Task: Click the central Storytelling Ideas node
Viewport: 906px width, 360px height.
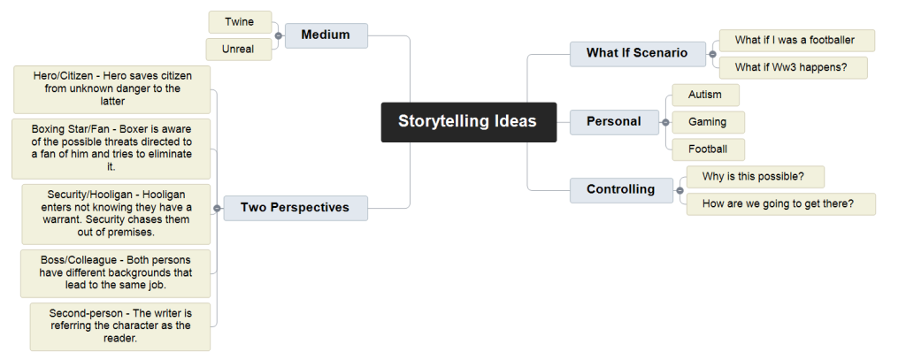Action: (x=469, y=122)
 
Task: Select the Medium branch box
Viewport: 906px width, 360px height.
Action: (x=326, y=35)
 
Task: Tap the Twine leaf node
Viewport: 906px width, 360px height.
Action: (x=240, y=22)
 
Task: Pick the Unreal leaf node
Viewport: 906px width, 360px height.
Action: (x=239, y=50)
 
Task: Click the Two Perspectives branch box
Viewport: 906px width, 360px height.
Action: (x=296, y=208)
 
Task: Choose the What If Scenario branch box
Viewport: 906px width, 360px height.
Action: (x=637, y=54)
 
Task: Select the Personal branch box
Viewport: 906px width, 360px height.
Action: (x=614, y=122)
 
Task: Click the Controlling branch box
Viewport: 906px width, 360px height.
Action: (x=621, y=190)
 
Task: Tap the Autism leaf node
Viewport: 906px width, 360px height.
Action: (x=705, y=95)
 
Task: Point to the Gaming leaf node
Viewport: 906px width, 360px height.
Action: (x=709, y=122)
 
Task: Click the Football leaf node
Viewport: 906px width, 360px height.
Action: (x=709, y=149)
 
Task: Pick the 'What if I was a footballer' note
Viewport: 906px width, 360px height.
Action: (x=797, y=41)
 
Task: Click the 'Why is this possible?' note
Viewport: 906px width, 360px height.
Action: (x=756, y=177)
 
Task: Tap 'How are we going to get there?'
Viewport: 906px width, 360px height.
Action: (x=780, y=204)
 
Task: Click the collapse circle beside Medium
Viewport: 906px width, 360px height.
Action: (x=279, y=36)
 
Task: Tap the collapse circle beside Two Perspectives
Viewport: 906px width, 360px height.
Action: (x=217, y=208)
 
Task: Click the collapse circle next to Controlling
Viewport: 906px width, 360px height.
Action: (x=680, y=190)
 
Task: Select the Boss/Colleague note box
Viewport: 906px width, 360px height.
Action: (x=116, y=273)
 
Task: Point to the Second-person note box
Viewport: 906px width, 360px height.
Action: (x=120, y=326)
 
